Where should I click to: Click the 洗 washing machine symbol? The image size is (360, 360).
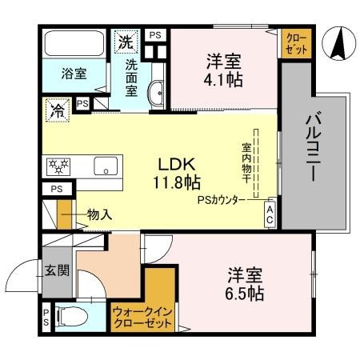pos(126,41)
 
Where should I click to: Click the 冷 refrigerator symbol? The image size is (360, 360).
pos(58,107)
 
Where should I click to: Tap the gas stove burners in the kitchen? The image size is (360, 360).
pos(59,166)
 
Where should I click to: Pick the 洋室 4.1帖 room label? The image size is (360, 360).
pos(222,70)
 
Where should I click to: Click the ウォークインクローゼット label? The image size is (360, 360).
pos(142,318)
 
